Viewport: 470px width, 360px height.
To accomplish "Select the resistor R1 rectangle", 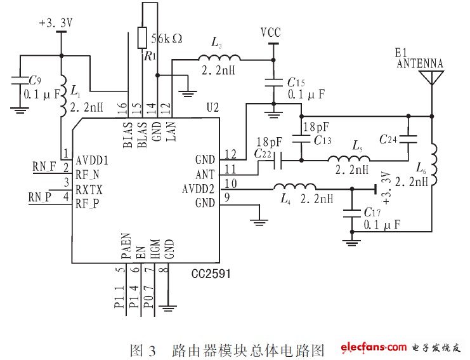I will coord(142,37).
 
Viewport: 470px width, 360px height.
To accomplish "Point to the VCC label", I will coord(271,32).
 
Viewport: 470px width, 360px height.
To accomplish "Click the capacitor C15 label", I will coord(296,83).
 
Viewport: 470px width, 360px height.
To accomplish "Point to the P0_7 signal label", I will coord(147,297).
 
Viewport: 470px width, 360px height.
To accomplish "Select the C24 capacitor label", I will coord(389,138).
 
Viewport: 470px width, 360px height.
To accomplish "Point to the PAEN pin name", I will coord(125,248).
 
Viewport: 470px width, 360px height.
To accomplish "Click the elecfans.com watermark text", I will coord(373,347).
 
